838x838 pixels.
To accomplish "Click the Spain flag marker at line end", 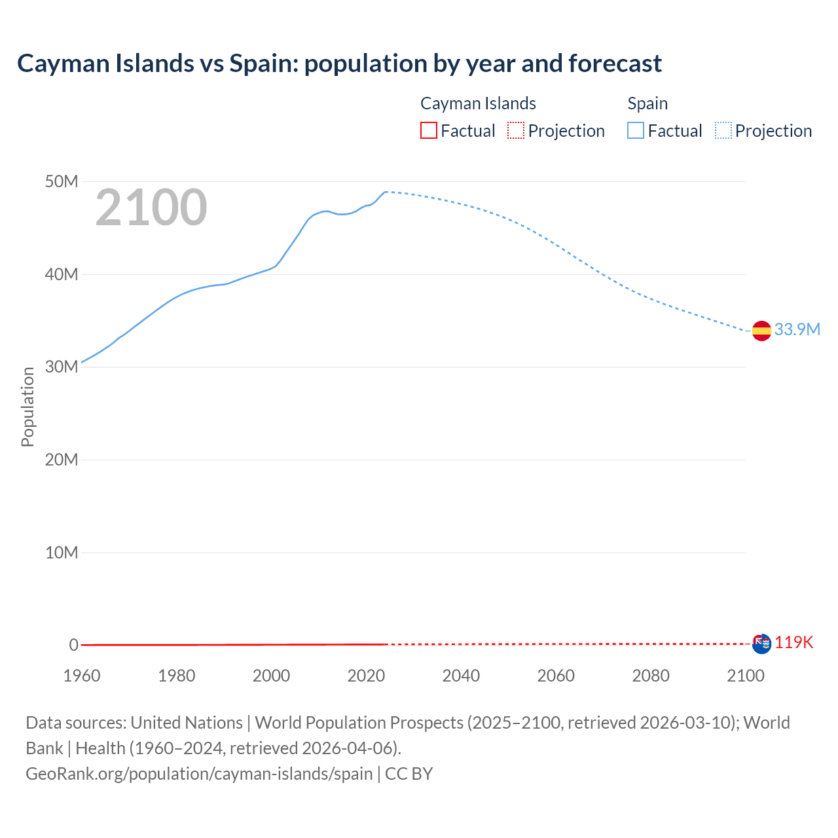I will tap(761, 331).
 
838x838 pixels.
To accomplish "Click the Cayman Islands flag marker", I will tap(761, 644).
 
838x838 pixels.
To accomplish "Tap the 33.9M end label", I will tap(797, 329).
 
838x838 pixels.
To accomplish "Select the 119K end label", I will tap(793, 642).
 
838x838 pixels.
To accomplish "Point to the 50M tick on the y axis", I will tap(62, 181).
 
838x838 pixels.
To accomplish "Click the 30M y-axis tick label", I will tap(62, 367).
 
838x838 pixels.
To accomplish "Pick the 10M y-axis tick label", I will tap(62, 553).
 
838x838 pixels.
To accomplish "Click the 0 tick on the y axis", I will tap(73, 645).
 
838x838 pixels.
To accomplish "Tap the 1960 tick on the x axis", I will tap(82, 676).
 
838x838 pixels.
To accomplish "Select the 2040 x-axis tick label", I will tap(461, 676).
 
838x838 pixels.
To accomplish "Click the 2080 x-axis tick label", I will tap(651, 676).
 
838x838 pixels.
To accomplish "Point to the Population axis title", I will tap(27, 407).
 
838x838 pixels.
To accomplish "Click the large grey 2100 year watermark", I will tap(151, 208).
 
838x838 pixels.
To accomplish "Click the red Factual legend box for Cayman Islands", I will tap(428, 130).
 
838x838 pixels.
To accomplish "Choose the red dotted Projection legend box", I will tap(516, 130).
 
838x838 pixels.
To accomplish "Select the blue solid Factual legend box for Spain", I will tap(636, 130).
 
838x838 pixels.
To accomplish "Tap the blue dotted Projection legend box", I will tap(723, 130).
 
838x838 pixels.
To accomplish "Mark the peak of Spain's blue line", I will tap(386, 192).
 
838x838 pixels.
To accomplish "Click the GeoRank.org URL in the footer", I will tap(199, 773).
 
